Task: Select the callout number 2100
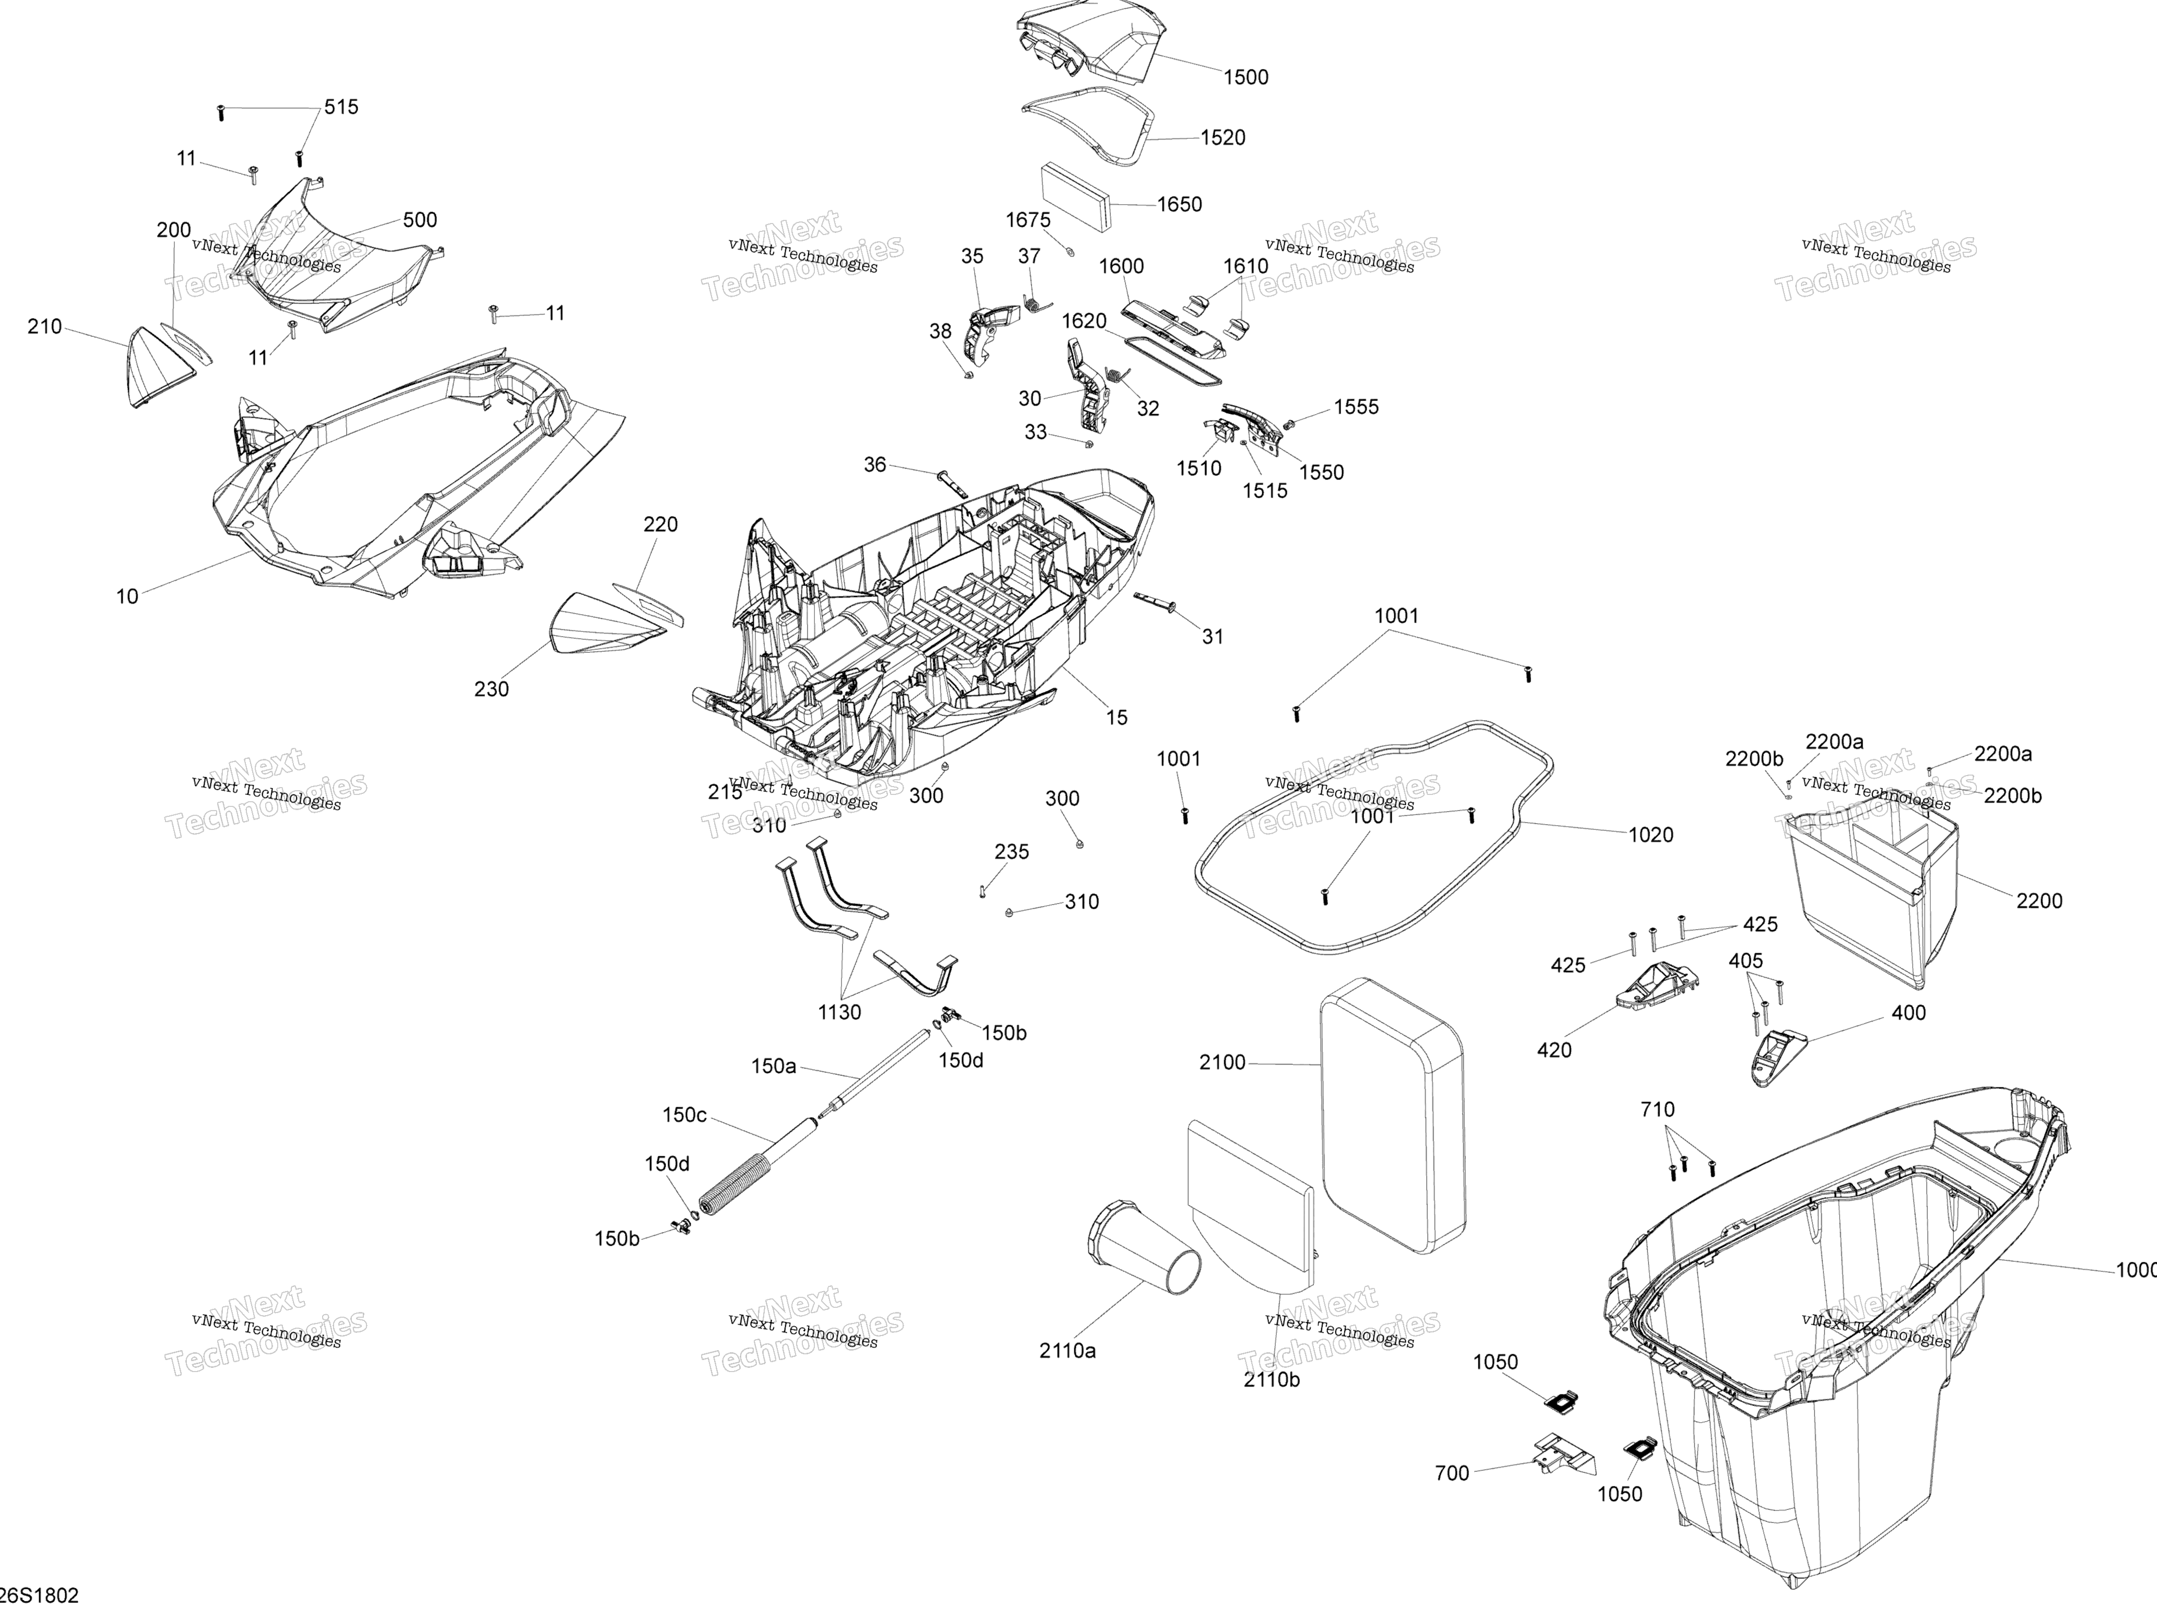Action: click(x=1222, y=1063)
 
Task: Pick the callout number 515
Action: click(x=341, y=107)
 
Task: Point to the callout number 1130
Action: click(x=839, y=1012)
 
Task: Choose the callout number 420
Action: click(x=1554, y=1050)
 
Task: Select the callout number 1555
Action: click(x=1356, y=407)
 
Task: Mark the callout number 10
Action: click(x=127, y=596)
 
